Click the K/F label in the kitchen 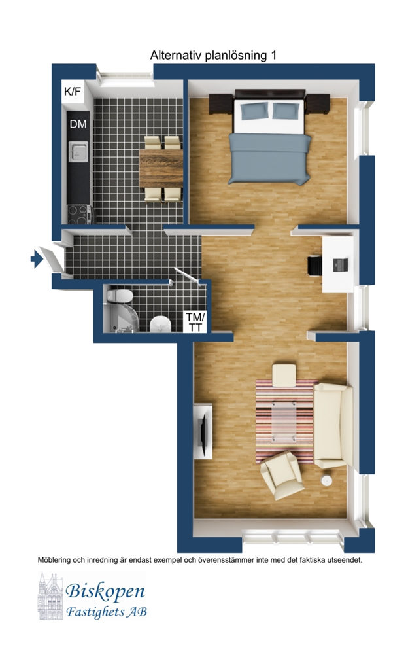(x=72, y=92)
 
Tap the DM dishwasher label (x=78, y=124)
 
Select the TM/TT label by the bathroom (x=195, y=323)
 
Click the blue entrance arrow (x=37, y=259)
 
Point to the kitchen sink (x=78, y=151)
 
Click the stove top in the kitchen (x=79, y=215)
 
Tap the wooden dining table (x=161, y=168)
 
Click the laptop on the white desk (x=341, y=265)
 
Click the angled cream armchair (x=282, y=476)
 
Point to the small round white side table (x=327, y=481)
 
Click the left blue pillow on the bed (x=255, y=111)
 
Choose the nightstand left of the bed (x=221, y=104)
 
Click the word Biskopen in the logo (x=105, y=591)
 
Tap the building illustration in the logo (x=51, y=596)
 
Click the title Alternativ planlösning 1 (x=213, y=55)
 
